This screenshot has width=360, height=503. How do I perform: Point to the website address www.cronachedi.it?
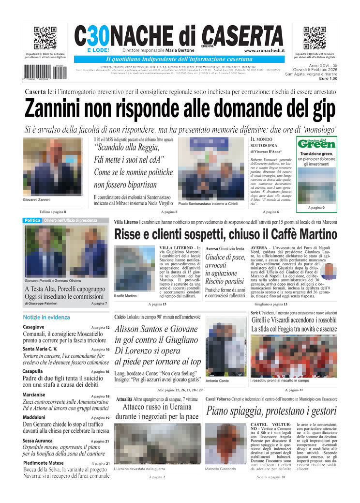(264, 50)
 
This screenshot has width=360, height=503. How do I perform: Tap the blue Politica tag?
(32, 220)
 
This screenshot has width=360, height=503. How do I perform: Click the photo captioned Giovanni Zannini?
(46, 168)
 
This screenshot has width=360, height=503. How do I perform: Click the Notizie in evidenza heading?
(46, 317)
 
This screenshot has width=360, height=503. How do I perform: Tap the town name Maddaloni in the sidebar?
(34, 417)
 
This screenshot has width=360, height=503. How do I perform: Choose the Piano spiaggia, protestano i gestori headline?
(271, 412)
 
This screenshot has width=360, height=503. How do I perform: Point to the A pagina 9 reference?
(316, 208)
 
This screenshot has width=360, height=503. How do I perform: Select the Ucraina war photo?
(157, 443)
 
